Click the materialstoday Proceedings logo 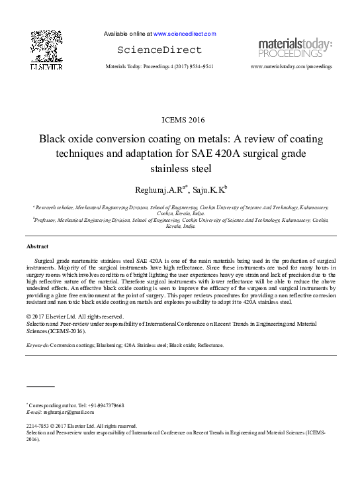click(x=295, y=48)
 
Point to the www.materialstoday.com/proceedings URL click(x=292, y=67)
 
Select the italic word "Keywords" click(x=38, y=345)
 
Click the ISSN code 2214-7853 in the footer click(x=38, y=426)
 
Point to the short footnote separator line click(x=40, y=385)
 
